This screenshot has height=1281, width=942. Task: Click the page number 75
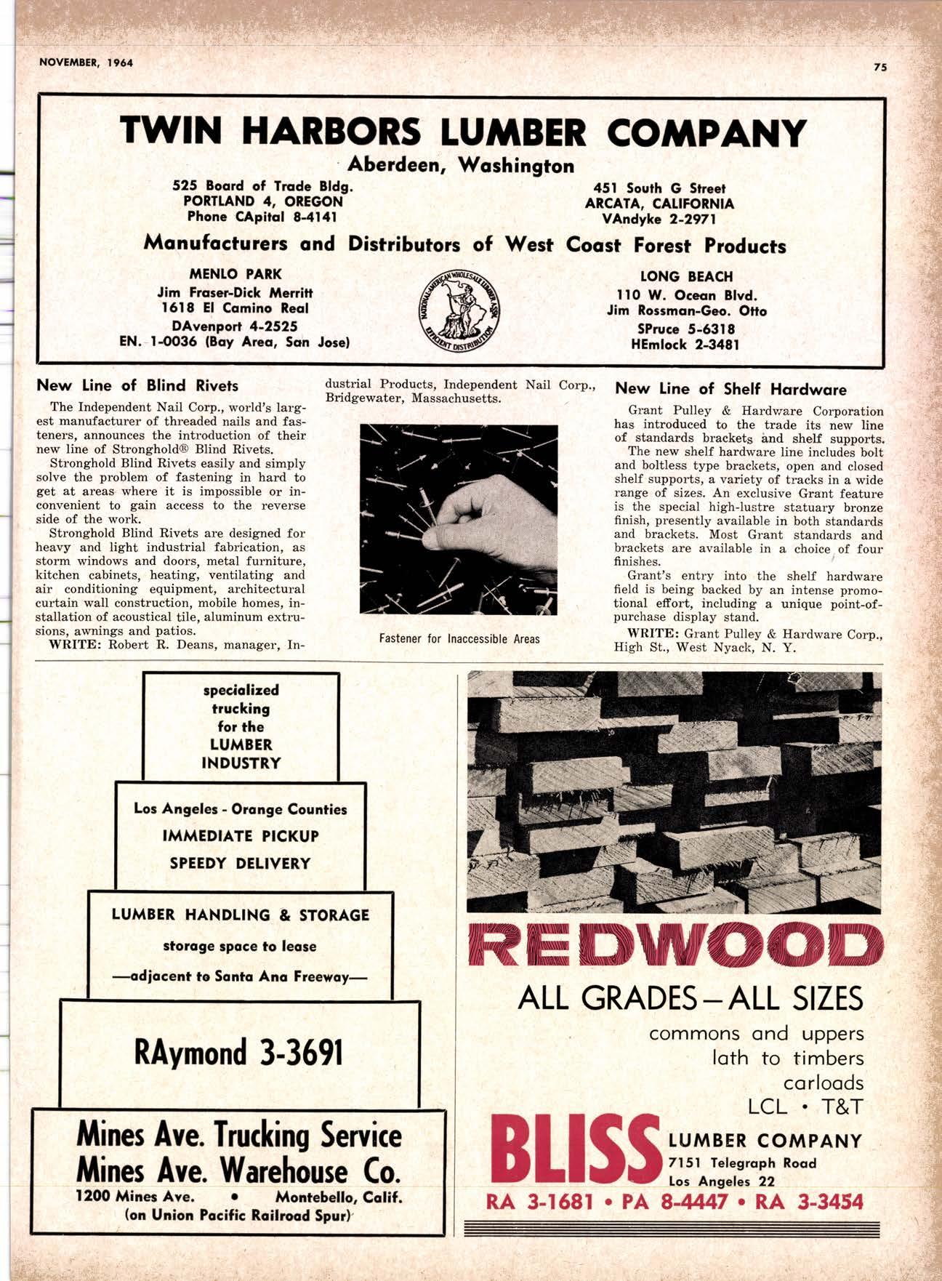pyautogui.click(x=880, y=67)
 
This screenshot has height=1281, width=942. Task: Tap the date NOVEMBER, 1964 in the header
pyautogui.click(x=86, y=63)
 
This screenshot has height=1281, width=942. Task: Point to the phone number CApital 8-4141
pyautogui.click(x=262, y=217)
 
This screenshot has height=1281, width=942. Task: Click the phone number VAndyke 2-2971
pyautogui.click(x=659, y=219)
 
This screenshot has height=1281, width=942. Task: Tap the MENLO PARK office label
pyautogui.click(x=235, y=275)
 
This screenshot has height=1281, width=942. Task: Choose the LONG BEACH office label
pyautogui.click(x=686, y=277)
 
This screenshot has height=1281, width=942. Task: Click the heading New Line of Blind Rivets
pyautogui.click(x=137, y=385)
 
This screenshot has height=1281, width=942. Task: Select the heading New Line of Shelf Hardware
pyautogui.click(x=730, y=390)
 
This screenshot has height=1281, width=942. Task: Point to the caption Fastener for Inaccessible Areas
pyautogui.click(x=459, y=639)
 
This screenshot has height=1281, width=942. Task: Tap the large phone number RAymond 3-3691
pyautogui.click(x=238, y=1052)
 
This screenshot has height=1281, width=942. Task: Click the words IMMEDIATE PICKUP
pyautogui.click(x=241, y=836)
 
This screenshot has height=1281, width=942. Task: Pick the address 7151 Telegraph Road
pyautogui.click(x=742, y=1163)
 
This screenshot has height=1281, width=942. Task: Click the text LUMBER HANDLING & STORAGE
pyautogui.click(x=241, y=915)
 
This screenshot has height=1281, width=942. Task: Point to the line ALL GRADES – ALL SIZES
pyautogui.click(x=691, y=999)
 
